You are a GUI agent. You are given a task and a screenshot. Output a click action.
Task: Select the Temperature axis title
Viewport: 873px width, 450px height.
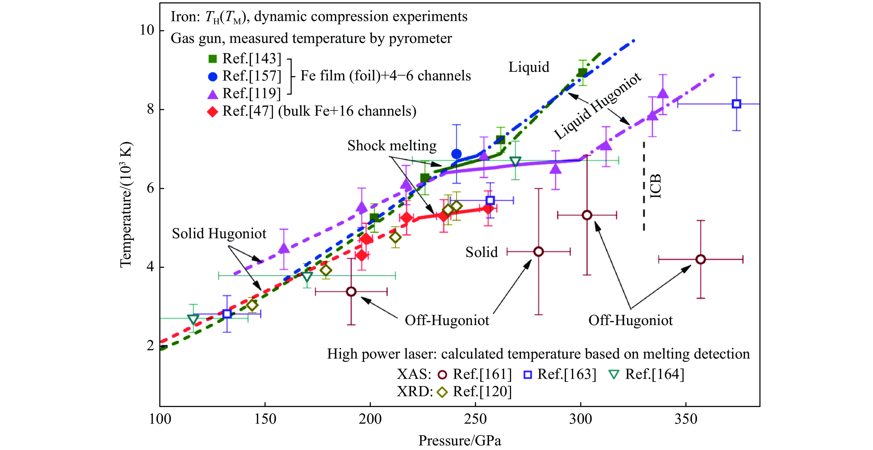click(126, 205)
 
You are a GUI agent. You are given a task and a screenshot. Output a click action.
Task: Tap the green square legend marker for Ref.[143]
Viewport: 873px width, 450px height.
click(212, 59)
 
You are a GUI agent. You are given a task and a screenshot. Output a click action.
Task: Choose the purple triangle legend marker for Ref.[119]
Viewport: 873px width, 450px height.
click(212, 94)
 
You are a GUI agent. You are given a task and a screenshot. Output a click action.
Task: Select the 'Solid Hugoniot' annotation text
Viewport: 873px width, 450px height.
click(219, 233)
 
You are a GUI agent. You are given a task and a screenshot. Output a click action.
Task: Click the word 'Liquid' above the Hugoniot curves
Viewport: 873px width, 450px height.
click(529, 67)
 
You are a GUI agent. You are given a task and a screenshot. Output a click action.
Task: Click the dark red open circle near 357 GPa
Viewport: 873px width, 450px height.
click(700, 260)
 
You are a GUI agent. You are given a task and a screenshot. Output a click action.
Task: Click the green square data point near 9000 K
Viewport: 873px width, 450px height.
click(582, 73)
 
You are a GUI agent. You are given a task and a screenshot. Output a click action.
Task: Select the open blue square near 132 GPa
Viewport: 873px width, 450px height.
click(227, 314)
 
